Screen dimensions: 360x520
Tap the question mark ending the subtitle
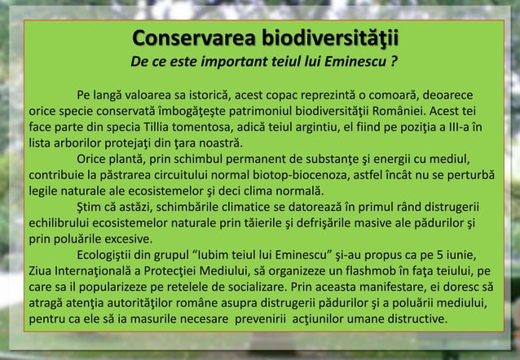tap(394, 62)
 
